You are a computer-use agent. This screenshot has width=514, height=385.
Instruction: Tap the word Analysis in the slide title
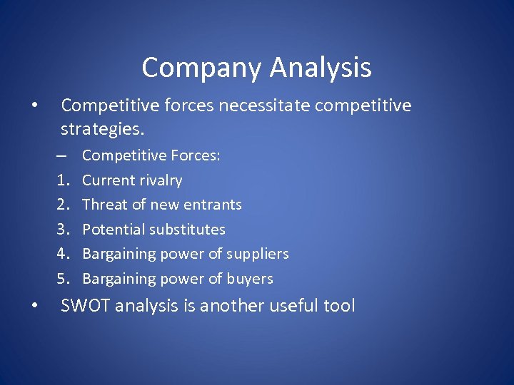click(321, 68)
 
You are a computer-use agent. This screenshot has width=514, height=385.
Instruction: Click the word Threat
click(104, 205)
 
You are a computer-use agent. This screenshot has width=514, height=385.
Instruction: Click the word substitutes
click(188, 230)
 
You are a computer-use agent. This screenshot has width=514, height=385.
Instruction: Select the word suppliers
click(258, 254)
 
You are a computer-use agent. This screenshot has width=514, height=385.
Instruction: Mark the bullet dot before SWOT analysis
click(34, 307)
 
